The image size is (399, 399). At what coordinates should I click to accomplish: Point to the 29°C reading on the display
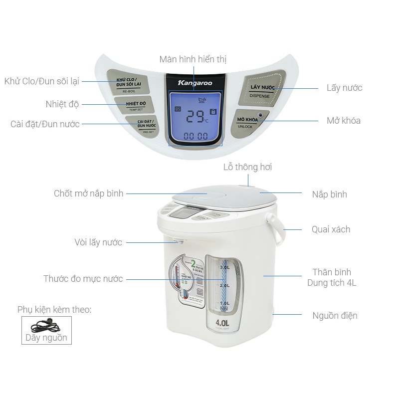pos(196,116)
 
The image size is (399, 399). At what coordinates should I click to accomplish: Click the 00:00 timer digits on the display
pos(196,136)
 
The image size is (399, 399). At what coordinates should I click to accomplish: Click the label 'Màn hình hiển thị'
pos(193,59)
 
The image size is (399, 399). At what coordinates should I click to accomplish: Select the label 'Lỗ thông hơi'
pos(247,167)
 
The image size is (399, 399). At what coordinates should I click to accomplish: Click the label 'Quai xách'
pos(331,229)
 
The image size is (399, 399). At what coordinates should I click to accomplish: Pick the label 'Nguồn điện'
pos(335,315)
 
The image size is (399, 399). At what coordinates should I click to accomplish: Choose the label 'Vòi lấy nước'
pos(98,242)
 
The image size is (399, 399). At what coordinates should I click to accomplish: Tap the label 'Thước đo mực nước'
pos(83,279)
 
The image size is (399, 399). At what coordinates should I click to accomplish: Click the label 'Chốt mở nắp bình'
pos(89,193)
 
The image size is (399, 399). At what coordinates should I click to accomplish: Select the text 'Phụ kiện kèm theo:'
pos(54,310)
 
